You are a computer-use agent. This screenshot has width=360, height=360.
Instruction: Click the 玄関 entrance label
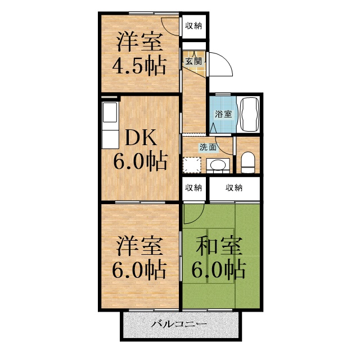pos(193,61)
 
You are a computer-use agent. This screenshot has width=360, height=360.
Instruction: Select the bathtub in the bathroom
pos(248,115)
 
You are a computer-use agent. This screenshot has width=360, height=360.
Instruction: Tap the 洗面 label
pos(207,147)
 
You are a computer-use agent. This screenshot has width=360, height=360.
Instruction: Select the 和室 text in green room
pos(219,246)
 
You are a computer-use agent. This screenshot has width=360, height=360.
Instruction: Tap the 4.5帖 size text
pos(139,66)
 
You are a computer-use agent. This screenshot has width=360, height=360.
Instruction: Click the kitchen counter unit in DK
pos(109,127)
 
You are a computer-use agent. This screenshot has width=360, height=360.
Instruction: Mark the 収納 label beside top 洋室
pos(193,25)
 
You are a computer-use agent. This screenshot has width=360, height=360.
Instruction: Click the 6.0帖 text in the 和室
pos(219,270)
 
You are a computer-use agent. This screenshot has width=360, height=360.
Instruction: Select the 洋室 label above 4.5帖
pos(139,43)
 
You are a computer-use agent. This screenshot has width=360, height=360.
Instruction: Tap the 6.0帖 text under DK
pos(139,162)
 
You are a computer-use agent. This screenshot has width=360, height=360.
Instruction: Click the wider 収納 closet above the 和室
pos(234,187)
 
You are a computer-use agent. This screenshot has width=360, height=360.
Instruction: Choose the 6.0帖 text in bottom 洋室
pos(139,270)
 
